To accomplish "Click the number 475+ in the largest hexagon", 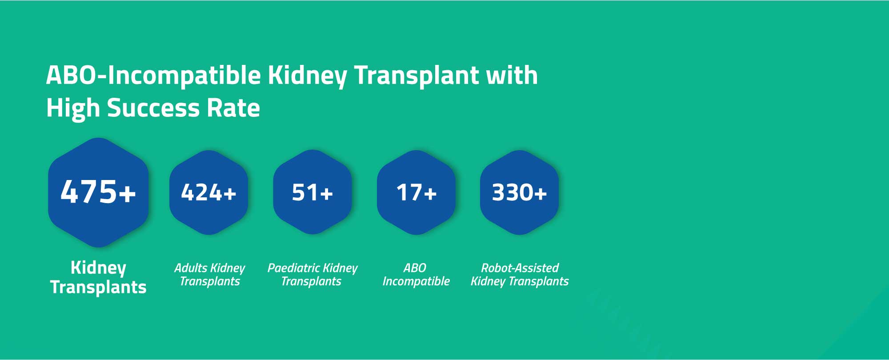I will (x=98, y=192).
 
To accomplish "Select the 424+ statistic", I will (x=208, y=193).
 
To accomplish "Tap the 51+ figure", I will (x=312, y=193).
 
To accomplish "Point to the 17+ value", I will (x=416, y=193).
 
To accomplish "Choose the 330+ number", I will (x=519, y=193).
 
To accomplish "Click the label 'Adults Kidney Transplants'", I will (x=209, y=275).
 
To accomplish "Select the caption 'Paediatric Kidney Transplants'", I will (x=312, y=275).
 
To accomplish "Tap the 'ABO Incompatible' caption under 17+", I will (x=416, y=275).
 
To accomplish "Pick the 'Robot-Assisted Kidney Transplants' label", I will (x=520, y=275).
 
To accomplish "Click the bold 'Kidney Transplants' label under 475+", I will (x=98, y=277).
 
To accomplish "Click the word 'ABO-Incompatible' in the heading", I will (x=153, y=76).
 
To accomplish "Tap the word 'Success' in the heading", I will (x=153, y=108).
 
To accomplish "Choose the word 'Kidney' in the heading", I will (x=307, y=76).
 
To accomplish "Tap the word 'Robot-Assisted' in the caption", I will (x=520, y=268).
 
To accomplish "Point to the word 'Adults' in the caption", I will (x=191, y=268).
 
